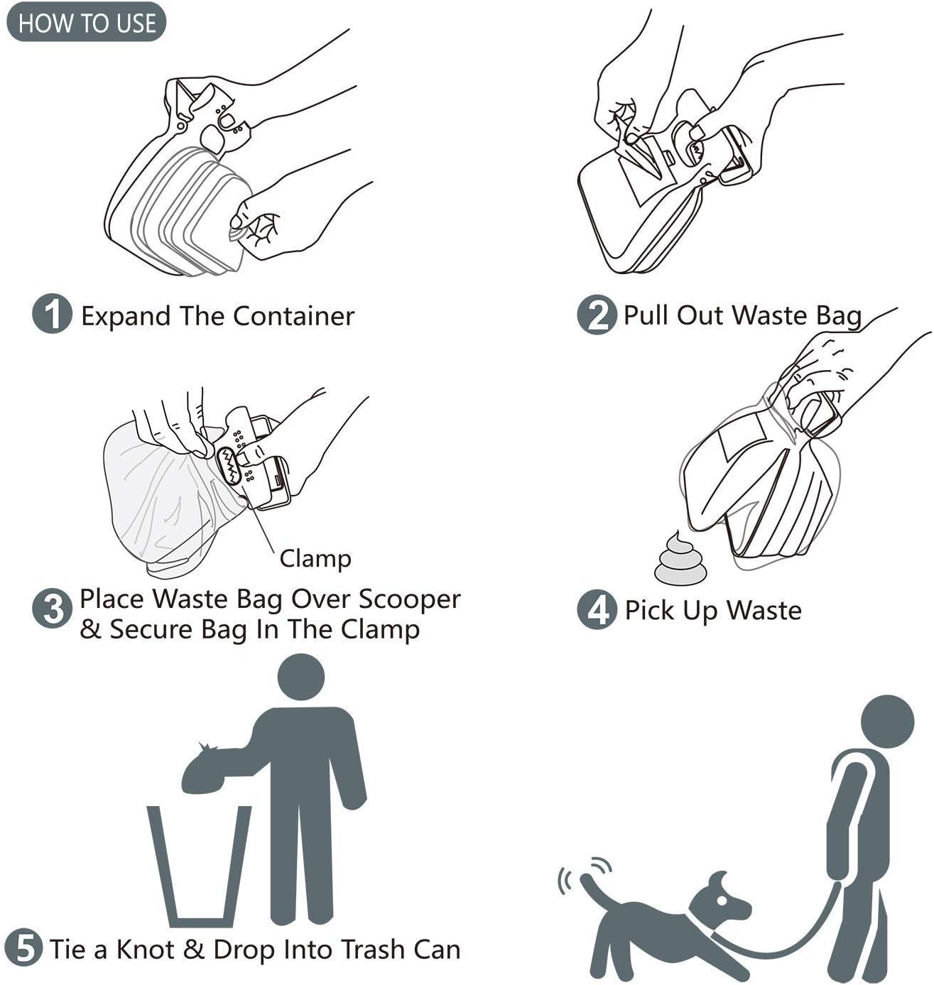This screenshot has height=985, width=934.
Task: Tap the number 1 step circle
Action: click(52, 315)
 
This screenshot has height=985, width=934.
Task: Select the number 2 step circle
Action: click(597, 315)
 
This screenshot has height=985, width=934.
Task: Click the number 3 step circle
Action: click(53, 609)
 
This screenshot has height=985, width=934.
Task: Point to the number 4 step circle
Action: click(597, 610)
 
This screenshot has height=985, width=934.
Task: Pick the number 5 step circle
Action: click(24, 948)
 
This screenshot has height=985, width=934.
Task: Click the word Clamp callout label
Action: click(315, 559)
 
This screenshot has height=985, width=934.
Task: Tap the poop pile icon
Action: click(680, 561)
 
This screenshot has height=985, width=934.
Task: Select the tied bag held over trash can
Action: click(213, 771)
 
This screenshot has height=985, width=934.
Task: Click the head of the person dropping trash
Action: click(300, 678)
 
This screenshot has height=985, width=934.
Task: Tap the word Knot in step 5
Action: click(147, 949)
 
